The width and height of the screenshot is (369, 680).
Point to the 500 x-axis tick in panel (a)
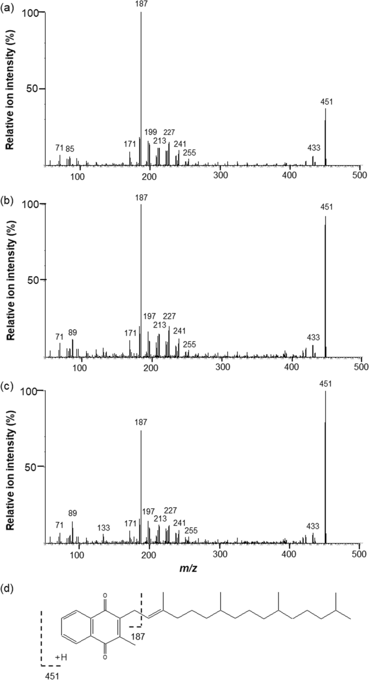coord(360,174)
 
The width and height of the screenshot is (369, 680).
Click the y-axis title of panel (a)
coord(10,89)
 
